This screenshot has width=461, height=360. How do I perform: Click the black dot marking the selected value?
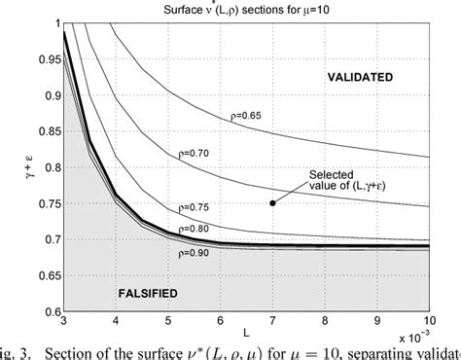[271, 202]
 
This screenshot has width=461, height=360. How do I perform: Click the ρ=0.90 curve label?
[195, 251]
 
